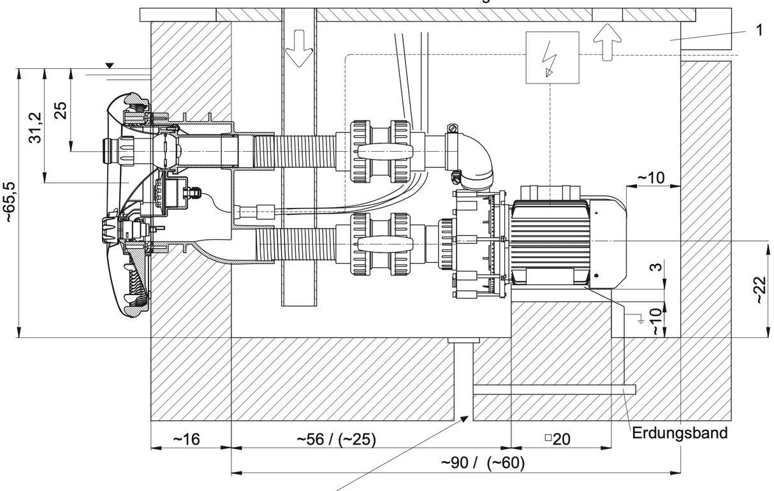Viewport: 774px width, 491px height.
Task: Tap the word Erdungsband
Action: point(680,434)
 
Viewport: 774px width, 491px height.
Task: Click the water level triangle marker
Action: point(110,65)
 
